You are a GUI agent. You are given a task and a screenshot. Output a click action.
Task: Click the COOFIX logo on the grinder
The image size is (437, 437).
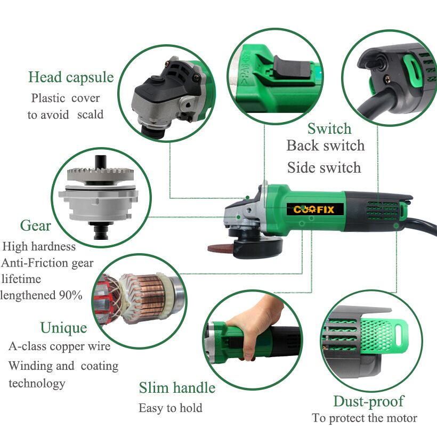(315, 209)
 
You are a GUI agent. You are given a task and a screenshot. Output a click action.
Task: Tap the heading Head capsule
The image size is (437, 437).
(71, 77)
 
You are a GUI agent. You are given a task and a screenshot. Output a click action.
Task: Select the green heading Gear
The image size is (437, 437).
(36, 225)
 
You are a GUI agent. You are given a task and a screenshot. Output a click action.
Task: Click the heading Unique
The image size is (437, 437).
(63, 328)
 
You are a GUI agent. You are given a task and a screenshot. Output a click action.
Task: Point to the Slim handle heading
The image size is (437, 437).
(177, 387)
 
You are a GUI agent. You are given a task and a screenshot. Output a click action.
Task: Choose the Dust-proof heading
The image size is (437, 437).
(369, 402)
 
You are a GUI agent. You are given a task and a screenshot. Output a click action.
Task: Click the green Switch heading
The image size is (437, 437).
(329, 128)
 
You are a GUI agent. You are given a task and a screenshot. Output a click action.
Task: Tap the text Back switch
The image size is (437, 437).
(326, 145)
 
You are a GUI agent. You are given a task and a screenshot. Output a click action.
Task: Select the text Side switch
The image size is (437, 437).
(324, 167)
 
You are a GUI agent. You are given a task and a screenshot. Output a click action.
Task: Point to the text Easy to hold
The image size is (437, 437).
(171, 408)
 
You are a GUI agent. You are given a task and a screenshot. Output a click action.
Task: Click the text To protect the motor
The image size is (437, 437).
(365, 418)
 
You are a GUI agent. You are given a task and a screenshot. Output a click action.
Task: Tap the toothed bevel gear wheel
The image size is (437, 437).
(101, 174)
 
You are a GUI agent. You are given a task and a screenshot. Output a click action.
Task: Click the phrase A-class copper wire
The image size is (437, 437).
(60, 346)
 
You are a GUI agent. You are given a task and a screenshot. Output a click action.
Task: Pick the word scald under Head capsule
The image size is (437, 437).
(90, 114)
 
